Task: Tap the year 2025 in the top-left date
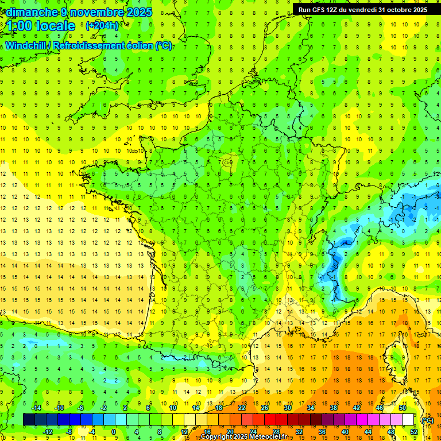point(138,12)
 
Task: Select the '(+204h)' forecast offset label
point(102,25)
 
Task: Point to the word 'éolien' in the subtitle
point(137,46)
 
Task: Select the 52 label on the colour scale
point(414,431)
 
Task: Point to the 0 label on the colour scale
point(114,431)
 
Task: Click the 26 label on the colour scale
point(265,408)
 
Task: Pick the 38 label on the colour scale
point(333,408)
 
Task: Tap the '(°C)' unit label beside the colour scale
point(427,420)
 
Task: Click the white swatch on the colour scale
point(408,420)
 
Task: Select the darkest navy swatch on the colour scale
point(29,420)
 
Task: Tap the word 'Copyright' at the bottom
point(216,437)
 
